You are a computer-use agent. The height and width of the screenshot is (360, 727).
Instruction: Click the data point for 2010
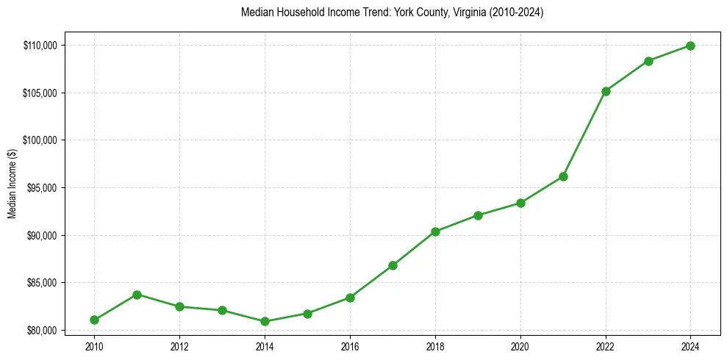point(94,320)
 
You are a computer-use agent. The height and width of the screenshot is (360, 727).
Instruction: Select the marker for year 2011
point(137,295)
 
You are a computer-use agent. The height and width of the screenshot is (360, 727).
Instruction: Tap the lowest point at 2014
point(265,321)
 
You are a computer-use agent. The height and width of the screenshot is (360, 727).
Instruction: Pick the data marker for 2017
point(393,265)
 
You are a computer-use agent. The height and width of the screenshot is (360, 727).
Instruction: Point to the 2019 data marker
point(478,215)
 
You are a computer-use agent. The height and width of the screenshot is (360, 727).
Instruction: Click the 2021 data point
point(563,176)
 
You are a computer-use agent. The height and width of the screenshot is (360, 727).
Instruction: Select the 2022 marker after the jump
point(606,91)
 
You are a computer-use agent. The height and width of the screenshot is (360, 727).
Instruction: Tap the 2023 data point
point(648,61)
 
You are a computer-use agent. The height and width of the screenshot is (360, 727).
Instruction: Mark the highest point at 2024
point(691,46)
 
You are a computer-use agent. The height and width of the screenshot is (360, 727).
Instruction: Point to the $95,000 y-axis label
point(41,188)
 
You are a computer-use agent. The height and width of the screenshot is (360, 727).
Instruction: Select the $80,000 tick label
point(41,331)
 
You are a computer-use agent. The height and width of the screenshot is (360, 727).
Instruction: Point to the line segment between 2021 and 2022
point(584,134)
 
